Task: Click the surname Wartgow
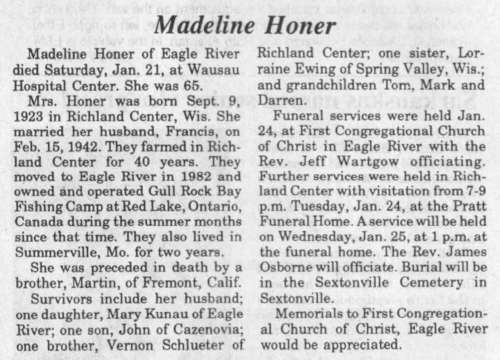coord(366,162)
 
